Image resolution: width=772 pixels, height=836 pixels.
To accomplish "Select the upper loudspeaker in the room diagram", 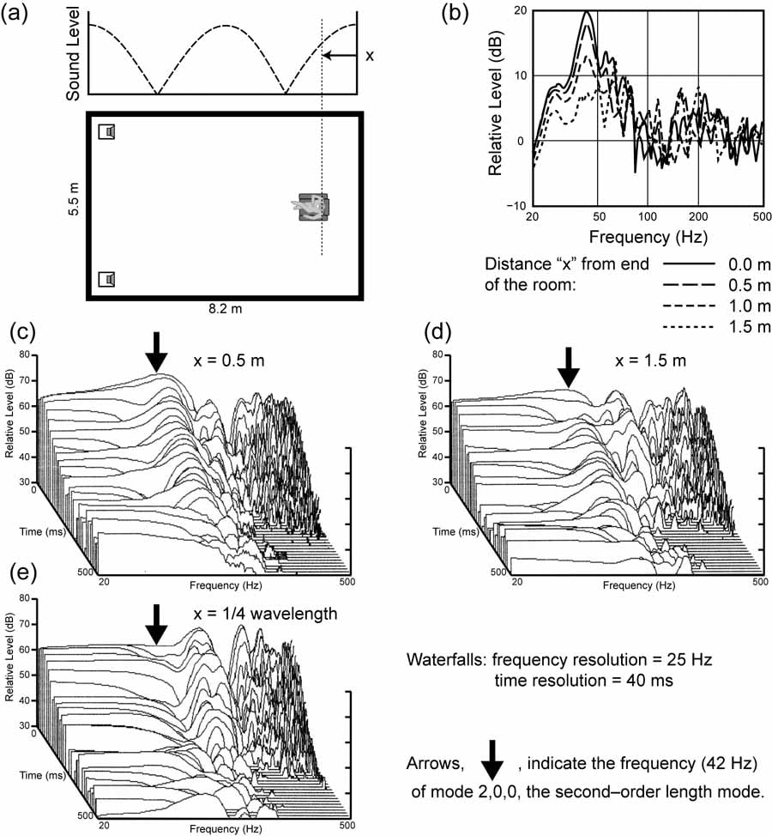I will pos(107,131).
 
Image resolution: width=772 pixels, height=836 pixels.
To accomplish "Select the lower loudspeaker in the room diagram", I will pos(107,279).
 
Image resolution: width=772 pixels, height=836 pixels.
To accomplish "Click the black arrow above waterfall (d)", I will pos(568,367).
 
